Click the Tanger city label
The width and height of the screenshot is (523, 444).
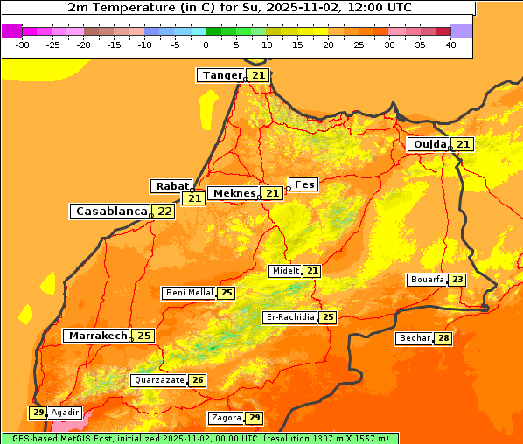(221, 75)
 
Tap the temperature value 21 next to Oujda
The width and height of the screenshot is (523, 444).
(463, 144)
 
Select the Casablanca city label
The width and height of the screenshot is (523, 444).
(110, 212)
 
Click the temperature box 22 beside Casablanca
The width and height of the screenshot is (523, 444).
(164, 212)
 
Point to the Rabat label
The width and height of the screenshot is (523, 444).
(172, 186)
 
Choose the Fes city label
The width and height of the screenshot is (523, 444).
(303, 184)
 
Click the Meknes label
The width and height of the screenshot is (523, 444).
(234, 193)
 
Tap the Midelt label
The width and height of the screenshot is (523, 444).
(285, 271)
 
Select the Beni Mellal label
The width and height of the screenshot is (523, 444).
(189, 293)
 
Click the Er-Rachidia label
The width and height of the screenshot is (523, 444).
(289, 317)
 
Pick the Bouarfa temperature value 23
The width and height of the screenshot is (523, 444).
(457, 280)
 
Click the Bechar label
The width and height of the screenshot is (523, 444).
(414, 338)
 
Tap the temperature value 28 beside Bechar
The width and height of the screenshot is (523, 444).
(443, 338)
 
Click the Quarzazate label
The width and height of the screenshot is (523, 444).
(158, 380)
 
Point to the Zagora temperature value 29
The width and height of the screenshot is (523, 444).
(254, 418)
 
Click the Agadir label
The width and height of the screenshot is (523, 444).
(65, 413)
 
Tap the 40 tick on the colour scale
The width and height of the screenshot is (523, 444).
(450, 45)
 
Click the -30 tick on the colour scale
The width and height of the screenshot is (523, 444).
(23, 45)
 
